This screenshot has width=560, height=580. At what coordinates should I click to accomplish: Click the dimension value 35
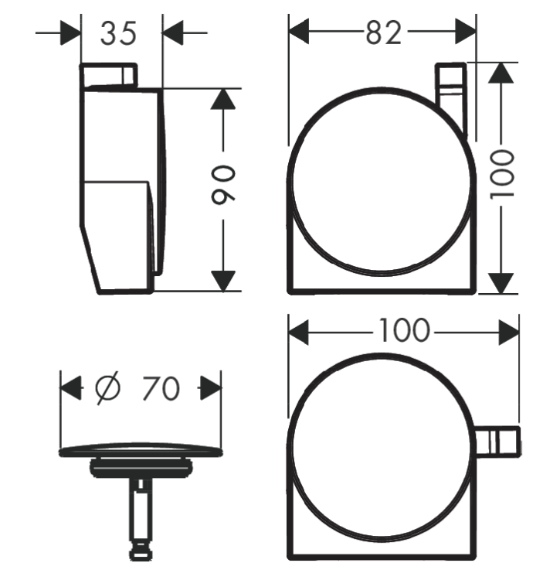pos(119,33)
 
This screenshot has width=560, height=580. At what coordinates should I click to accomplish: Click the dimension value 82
pos(383,32)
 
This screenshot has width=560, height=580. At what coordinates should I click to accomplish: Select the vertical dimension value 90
pos(223,186)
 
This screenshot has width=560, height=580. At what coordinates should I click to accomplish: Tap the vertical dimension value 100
pos(501,173)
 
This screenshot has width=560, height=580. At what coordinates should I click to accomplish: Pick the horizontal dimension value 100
pos(405,330)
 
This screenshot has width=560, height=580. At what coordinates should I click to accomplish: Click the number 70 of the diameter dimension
pos(161,388)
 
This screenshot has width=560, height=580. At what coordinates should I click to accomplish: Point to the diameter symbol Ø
pos(107,387)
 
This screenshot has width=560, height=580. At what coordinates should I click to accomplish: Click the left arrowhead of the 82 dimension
pos(298,32)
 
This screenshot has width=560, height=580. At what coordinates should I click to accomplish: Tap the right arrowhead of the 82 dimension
pos(466,32)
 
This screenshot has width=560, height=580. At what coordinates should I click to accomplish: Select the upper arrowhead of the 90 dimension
pos(223,99)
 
